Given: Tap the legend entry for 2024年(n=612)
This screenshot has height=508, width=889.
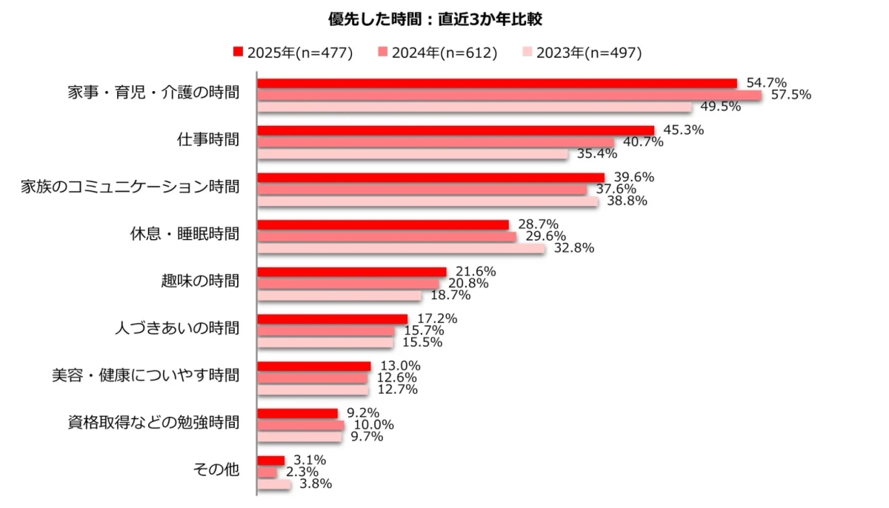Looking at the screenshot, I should click(x=438, y=52).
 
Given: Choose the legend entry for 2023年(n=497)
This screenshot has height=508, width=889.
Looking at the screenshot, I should click(x=582, y=52).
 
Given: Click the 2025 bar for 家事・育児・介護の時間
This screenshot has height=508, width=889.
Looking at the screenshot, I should click(x=496, y=83).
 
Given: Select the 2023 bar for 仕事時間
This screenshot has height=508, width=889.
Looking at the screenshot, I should click(x=412, y=154).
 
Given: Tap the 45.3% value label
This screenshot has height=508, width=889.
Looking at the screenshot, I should click(x=684, y=130).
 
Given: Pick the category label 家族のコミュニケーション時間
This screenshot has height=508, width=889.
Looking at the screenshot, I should click(x=130, y=187).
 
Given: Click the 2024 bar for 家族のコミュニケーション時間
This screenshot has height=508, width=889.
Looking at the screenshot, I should click(x=422, y=190).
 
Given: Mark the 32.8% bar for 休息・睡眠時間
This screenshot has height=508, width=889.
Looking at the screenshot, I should click(x=401, y=249).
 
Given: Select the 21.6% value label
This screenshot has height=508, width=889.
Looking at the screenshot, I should click(x=476, y=272).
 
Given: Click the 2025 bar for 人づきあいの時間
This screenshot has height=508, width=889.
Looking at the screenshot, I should click(x=332, y=319).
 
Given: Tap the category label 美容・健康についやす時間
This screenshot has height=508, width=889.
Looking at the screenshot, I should click(x=140, y=375).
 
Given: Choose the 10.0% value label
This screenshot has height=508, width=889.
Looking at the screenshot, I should click(x=374, y=425).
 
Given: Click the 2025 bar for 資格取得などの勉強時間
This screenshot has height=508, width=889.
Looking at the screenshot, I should click(x=297, y=413).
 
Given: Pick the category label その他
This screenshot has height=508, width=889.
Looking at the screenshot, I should click(x=216, y=469).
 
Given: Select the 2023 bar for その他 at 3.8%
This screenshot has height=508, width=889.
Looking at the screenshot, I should click(x=274, y=484).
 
